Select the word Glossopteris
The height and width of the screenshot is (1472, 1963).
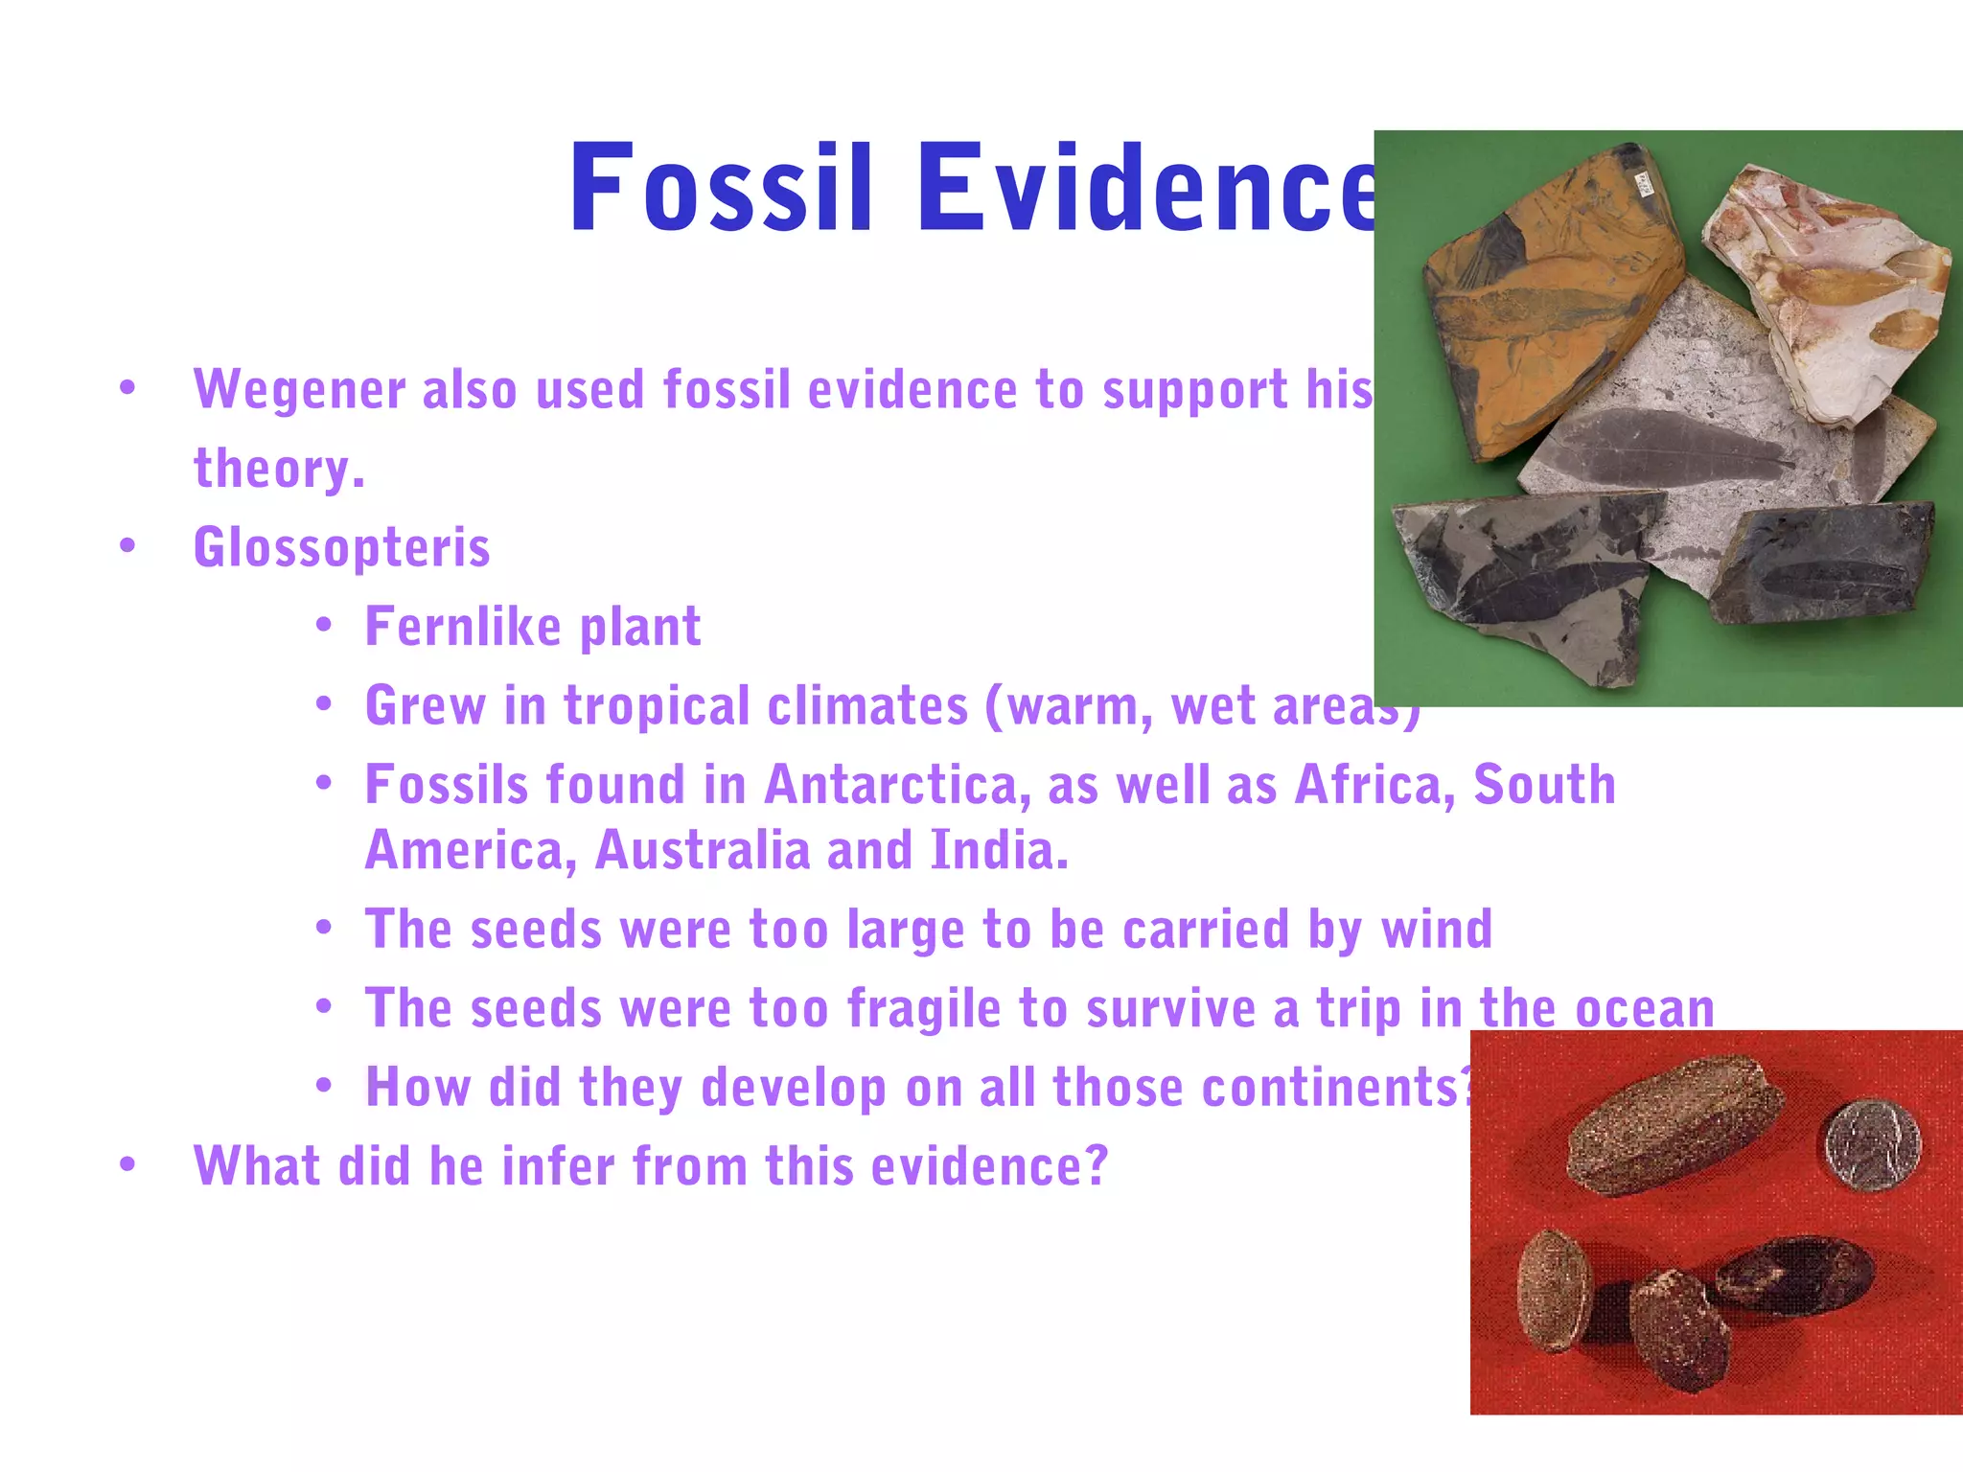342,548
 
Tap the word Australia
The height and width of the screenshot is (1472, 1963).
703,851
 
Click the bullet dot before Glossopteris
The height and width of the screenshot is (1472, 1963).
127,546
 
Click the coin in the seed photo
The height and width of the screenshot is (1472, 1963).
1872,1144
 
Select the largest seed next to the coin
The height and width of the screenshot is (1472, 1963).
1673,1123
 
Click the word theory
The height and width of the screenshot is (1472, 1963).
279,470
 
